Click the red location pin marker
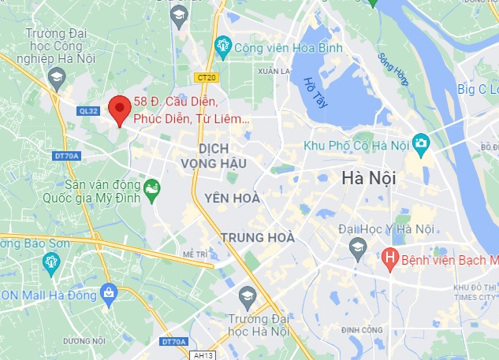(x=119, y=109)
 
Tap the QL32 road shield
(x=88, y=111)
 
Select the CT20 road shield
(x=207, y=77)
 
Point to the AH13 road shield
(x=203, y=355)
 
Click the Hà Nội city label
(x=369, y=178)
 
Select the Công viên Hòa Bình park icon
(x=223, y=48)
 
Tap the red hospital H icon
(x=389, y=258)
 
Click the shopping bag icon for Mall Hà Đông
(x=109, y=293)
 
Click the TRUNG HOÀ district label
(x=258, y=237)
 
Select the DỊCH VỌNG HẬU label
(x=224, y=155)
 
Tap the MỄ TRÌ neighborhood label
(x=194, y=254)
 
